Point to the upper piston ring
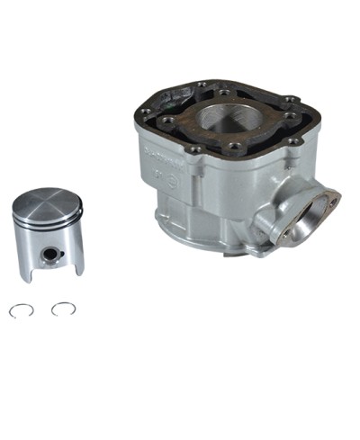(x=47, y=221)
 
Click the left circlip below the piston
(x=22, y=310)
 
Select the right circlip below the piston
(x=63, y=309)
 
